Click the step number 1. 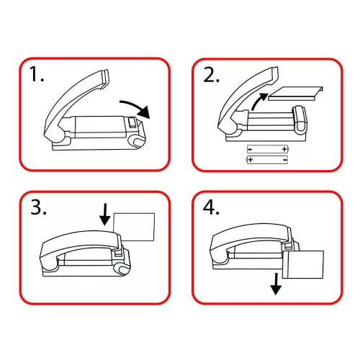pyautogui.click(x=36, y=74)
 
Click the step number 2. pyautogui.click(x=211, y=75)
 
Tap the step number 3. pyautogui.click(x=38, y=207)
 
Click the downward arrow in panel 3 pyautogui.click(x=105, y=215)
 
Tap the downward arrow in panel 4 pyautogui.click(x=276, y=284)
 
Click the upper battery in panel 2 pyautogui.click(x=268, y=149)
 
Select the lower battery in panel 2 pyautogui.click(x=267, y=160)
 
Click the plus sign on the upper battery pyautogui.click(x=284, y=149)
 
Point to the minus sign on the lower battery pyautogui.click(x=285, y=160)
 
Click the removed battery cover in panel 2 pyautogui.click(x=296, y=93)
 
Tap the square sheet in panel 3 pyautogui.click(x=134, y=227)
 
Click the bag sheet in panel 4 pyautogui.click(x=303, y=265)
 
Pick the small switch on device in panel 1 pyautogui.click(x=132, y=122)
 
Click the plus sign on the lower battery pyautogui.click(x=251, y=160)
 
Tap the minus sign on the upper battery pyautogui.click(x=250, y=150)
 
